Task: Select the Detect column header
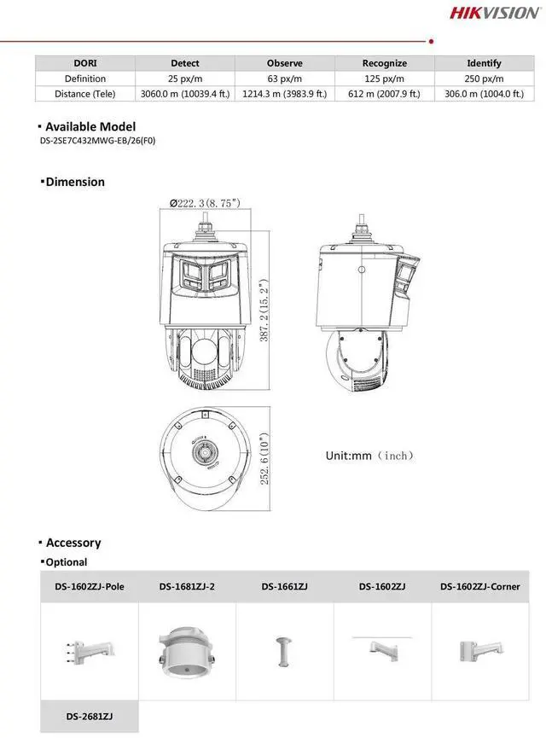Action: (185, 63)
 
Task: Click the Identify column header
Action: (484, 63)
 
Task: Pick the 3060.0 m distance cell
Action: (185, 94)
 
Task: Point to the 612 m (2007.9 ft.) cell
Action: (385, 94)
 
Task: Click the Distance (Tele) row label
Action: (84, 94)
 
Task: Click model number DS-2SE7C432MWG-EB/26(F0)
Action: (97, 142)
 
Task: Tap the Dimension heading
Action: (75, 182)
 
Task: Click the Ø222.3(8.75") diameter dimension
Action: (205, 203)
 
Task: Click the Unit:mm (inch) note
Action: (369, 456)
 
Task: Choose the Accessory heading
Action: (73, 543)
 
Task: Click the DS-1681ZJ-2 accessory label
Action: (187, 586)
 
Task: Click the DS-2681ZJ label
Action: (90, 717)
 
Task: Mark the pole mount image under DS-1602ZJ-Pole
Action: (90, 652)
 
